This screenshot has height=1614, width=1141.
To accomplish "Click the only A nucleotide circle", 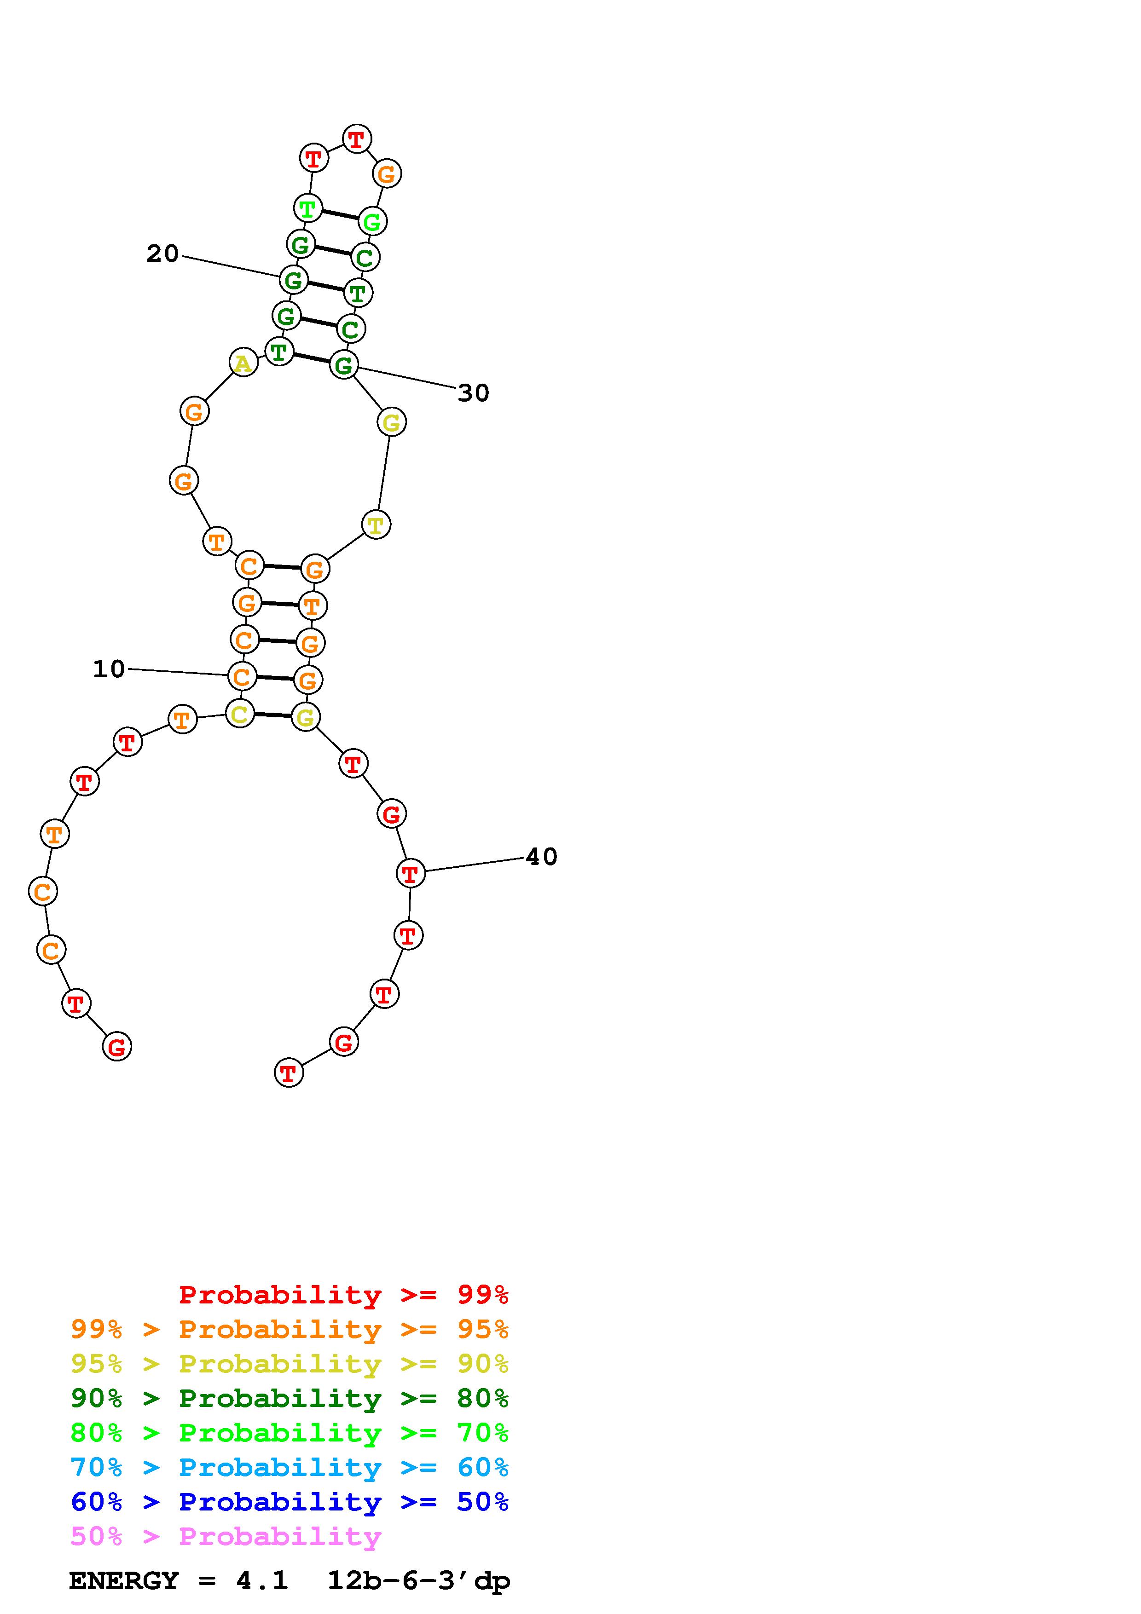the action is point(243,363).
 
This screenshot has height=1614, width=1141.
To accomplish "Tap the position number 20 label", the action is point(162,254).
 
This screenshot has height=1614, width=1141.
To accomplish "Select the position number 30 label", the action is point(473,393).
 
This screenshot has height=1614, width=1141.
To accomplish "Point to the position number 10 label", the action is point(109,669).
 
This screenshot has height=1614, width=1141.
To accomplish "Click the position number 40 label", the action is point(541,857).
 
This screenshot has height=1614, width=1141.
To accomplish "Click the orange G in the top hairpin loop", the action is point(387,173).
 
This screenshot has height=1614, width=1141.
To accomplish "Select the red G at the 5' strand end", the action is point(117,1047).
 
